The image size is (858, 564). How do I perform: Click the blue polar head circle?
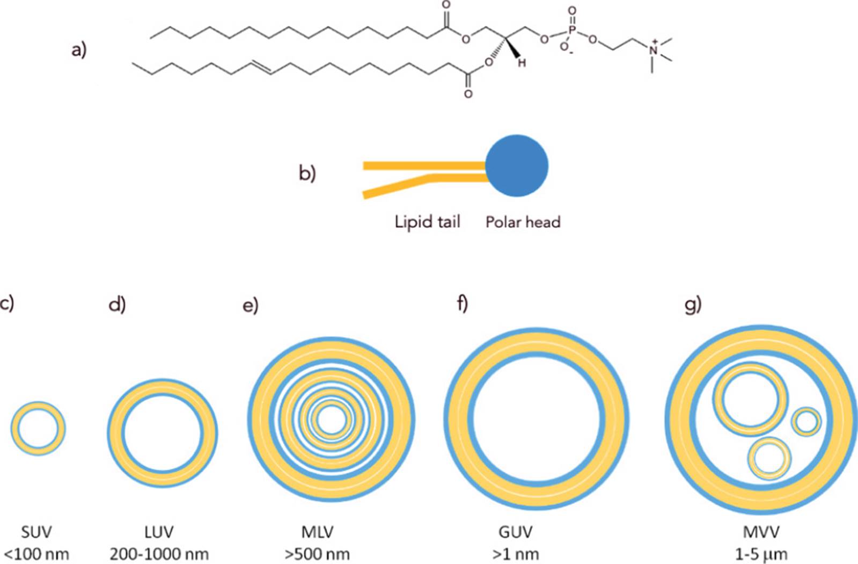517,165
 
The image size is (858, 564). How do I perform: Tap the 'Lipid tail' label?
427,222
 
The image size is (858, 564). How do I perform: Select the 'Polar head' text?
523,222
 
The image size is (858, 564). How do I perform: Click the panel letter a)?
79,50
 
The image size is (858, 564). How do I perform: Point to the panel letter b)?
307,173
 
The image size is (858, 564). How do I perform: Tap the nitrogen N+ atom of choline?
653,50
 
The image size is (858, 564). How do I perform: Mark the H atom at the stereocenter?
521,63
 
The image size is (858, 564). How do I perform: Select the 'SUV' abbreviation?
36,532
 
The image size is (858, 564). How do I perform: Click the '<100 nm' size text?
36,554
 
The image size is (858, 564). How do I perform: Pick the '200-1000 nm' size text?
159,554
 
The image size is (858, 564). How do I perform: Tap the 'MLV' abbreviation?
317,532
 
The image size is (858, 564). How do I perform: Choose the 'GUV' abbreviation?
516,532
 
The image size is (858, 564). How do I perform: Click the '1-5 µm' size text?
761,554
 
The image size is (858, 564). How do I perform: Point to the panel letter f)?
462,304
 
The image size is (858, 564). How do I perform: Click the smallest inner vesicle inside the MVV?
806,422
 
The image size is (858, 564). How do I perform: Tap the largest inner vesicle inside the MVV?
750,400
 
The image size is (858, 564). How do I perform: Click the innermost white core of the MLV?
331,420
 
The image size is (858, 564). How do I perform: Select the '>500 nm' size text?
317,554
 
